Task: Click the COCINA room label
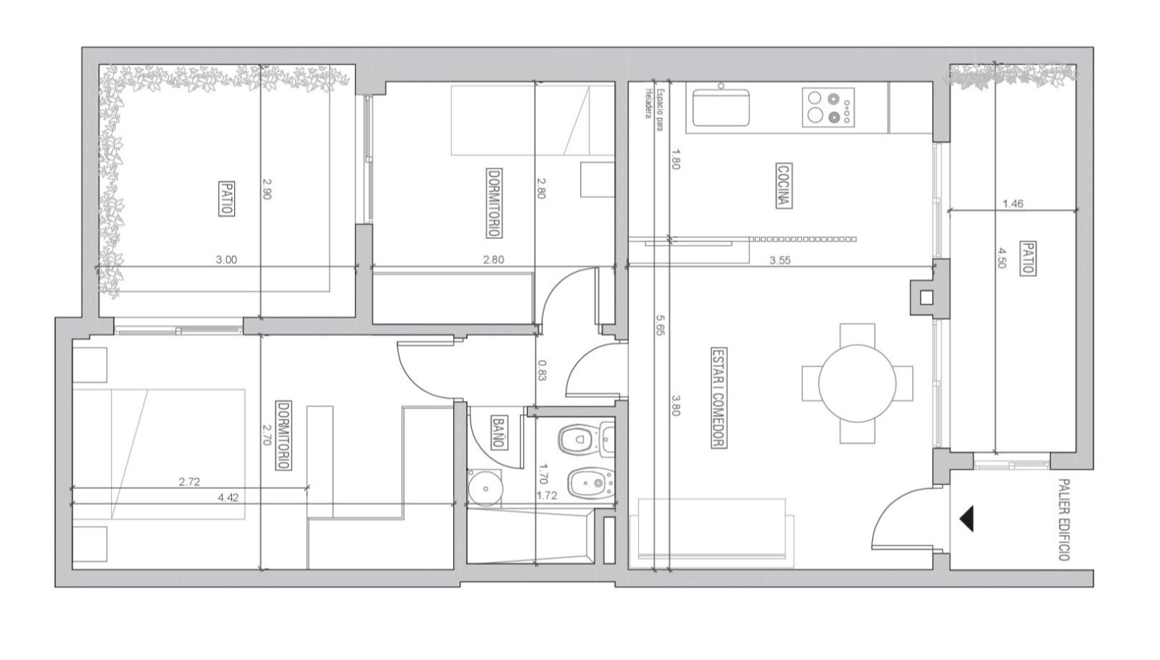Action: coord(784,186)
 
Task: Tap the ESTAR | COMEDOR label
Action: coord(718,398)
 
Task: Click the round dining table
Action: coord(857,384)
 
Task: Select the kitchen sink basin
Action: coord(721,108)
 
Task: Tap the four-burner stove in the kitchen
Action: coord(828,107)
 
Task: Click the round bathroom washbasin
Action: coord(485,487)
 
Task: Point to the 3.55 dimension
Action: coord(780,260)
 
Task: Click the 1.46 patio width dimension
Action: coord(1013,204)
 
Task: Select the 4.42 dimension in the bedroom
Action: coord(228,498)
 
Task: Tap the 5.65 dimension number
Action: coord(660,326)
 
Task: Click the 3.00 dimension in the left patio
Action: coord(226,260)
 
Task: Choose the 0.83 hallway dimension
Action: coord(542,371)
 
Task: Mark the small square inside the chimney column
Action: coord(926,298)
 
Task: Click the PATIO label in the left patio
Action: coord(226,199)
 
